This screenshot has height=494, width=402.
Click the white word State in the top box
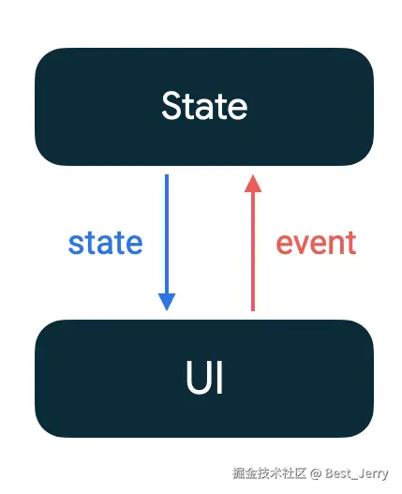click(204, 105)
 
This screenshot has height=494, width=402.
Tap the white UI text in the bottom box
click(204, 377)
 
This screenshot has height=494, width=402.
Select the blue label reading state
click(106, 243)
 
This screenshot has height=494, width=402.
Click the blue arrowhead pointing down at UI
click(167, 302)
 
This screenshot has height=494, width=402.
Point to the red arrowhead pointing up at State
click(253, 183)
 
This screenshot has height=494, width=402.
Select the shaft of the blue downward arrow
click(167, 233)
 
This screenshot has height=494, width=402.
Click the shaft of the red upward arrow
click(253, 251)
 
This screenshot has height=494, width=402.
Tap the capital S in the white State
click(172, 106)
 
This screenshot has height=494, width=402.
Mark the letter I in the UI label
click(220, 377)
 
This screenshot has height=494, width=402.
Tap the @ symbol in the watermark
click(316, 473)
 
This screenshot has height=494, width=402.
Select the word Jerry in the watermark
click(374, 473)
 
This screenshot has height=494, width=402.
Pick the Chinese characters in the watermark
click(270, 473)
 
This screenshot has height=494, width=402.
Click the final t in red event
click(352, 243)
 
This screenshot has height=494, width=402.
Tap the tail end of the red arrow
click(253, 311)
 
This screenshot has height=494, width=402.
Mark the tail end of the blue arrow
click(167, 174)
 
